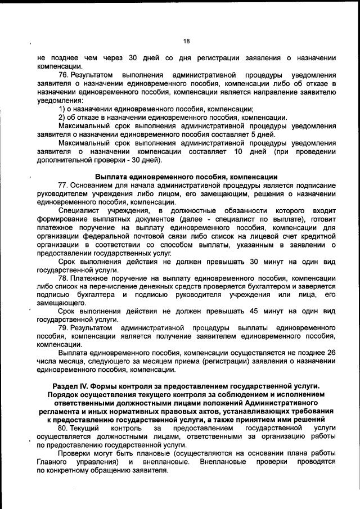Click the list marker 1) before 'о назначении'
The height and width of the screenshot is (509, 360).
point(62,109)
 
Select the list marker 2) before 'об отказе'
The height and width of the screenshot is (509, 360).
point(62,118)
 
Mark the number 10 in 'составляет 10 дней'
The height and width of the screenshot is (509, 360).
point(238,151)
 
